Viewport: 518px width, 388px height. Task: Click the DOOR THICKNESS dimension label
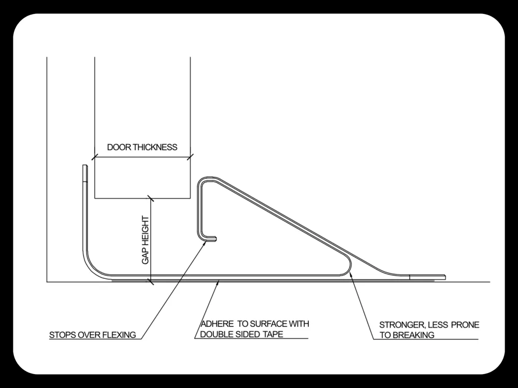click(142, 147)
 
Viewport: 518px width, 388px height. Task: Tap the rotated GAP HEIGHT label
click(146, 240)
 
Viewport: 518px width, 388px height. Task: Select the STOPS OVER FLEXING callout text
click(93, 335)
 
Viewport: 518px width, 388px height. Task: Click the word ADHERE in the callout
click(217, 324)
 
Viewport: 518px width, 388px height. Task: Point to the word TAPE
click(273, 334)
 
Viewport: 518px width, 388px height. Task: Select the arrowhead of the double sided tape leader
click(218, 283)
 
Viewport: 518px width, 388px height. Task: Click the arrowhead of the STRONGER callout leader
click(350, 274)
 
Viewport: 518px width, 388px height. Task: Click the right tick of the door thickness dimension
click(190, 157)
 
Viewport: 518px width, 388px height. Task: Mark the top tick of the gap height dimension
click(151, 198)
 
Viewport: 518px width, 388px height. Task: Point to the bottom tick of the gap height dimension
click(151, 282)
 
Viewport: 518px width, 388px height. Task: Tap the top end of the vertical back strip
click(85, 166)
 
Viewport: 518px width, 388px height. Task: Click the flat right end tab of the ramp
click(427, 277)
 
